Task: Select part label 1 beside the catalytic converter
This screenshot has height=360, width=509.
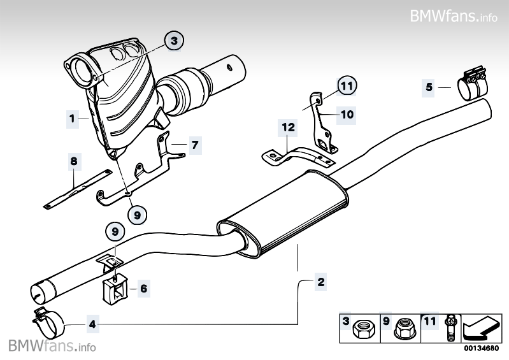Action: click(73, 118)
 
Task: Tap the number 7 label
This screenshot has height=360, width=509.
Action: click(194, 145)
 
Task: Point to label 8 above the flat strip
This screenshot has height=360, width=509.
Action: click(74, 162)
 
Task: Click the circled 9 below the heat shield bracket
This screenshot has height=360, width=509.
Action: click(136, 214)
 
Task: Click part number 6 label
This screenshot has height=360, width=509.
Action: click(143, 289)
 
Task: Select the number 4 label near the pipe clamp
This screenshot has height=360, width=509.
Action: click(92, 324)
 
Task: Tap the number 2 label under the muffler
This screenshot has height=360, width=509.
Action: click(320, 282)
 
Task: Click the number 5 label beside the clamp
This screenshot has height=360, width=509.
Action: click(429, 87)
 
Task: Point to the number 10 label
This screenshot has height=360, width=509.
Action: click(346, 115)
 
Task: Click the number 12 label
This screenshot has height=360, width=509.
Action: click(288, 128)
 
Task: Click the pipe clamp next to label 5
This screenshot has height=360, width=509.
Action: click(471, 84)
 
